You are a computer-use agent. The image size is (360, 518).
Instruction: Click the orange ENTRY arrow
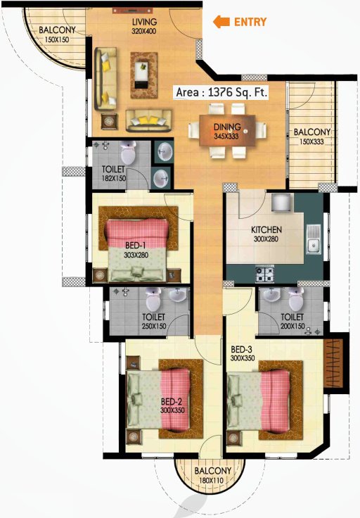(221, 22)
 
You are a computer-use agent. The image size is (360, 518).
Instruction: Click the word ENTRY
(250, 22)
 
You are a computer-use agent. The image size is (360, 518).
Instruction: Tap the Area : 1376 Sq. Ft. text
(221, 91)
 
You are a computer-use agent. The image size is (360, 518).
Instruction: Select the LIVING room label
(144, 22)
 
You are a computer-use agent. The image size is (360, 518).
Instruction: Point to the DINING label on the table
(228, 127)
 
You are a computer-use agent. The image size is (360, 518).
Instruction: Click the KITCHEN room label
(266, 229)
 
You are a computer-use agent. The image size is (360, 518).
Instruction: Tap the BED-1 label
(136, 245)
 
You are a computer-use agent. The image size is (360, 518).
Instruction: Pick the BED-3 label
(241, 349)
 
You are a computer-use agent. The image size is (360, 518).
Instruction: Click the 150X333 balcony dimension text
(312, 142)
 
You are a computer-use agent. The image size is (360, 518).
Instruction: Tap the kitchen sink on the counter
(314, 246)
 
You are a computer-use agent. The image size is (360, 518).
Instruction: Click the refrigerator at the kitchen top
(281, 203)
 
